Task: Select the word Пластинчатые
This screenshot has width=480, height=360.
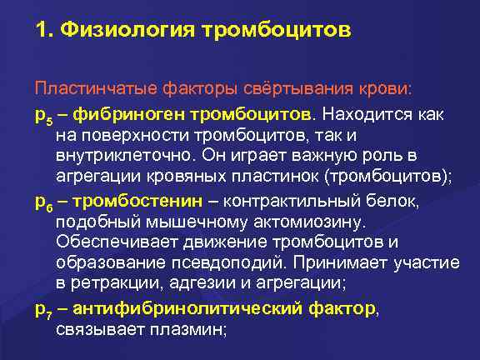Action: pyautogui.click(x=85, y=88)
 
